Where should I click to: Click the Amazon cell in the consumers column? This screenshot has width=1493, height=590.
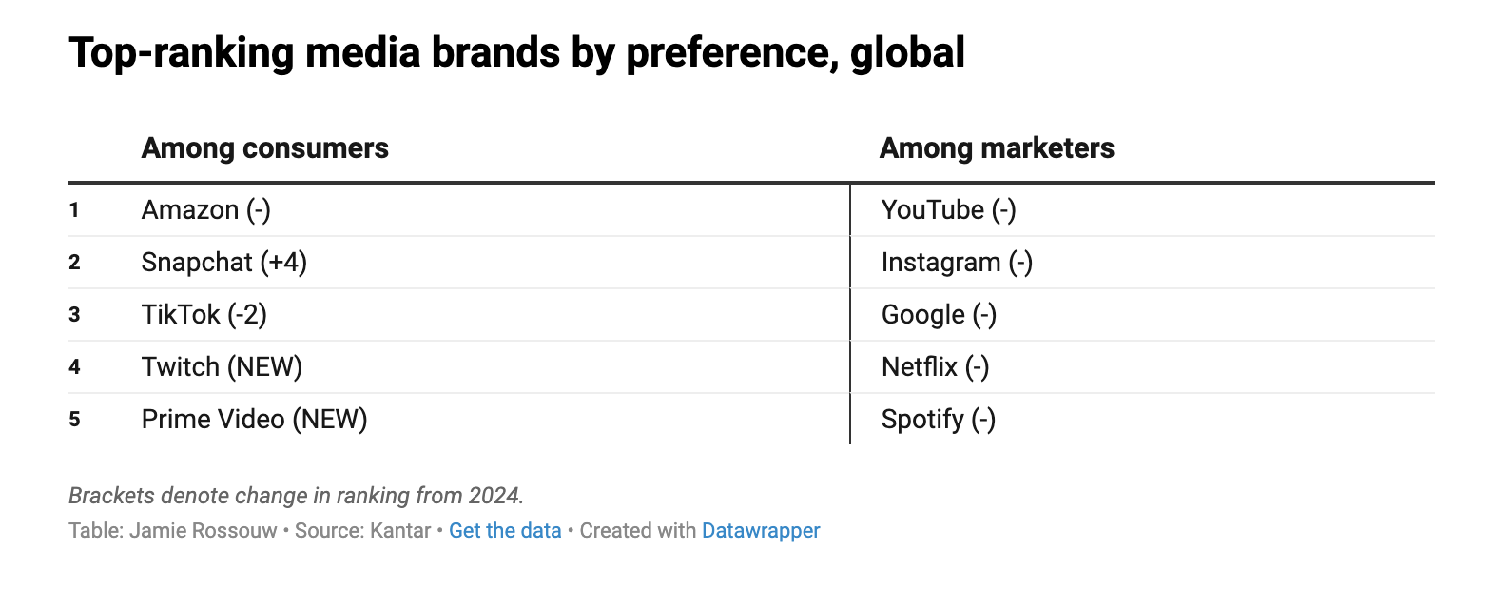coord(205,209)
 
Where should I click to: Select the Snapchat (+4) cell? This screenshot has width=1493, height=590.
coord(223,262)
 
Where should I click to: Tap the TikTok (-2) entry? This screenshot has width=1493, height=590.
coord(204,314)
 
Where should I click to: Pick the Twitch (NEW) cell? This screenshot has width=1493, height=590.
coord(222,366)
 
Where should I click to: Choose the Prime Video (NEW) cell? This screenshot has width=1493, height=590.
coord(254,419)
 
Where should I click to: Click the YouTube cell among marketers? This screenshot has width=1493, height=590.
coord(948,209)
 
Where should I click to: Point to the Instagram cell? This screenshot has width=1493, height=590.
coord(957,262)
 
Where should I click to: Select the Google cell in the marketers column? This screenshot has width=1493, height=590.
coord(939,314)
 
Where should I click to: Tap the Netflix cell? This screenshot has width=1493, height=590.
coord(935,366)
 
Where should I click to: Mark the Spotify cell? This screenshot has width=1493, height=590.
coord(938,419)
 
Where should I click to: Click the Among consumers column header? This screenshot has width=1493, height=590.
coord(264,148)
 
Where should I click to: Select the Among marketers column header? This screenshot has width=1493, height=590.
coord(997,148)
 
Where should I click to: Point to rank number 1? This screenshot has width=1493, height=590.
coord(74,209)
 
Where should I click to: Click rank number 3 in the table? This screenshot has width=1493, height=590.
coord(74,314)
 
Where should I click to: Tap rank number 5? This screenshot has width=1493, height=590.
coord(74,419)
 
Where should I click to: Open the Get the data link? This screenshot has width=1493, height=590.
coord(505,530)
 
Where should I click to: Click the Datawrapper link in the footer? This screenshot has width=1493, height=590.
coord(761,530)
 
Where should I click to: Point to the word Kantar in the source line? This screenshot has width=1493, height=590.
coord(400,530)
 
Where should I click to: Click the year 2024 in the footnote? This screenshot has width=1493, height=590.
coord(494,496)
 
